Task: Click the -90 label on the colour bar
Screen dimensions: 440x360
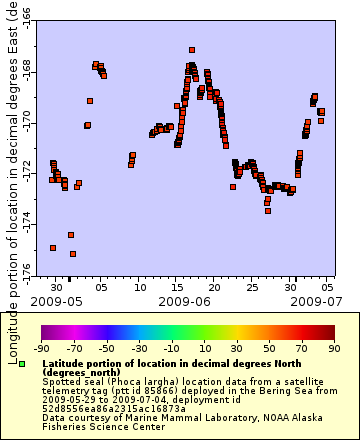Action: coord(41,349)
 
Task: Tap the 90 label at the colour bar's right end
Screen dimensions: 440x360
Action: coord(333,349)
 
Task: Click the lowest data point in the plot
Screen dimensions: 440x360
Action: coord(73,254)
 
